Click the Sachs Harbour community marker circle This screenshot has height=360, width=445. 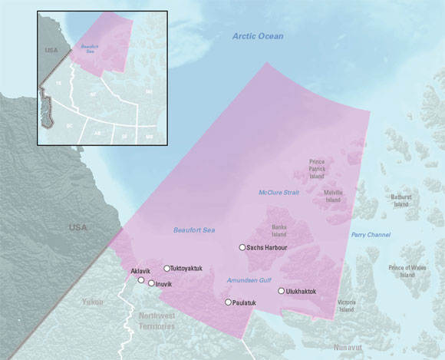(x=242, y=247)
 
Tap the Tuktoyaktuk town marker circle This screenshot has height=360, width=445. (x=166, y=268)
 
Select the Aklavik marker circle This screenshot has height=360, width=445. (x=140, y=280)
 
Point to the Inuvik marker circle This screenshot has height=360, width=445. (x=151, y=284)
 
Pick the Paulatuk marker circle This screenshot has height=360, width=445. (x=228, y=302)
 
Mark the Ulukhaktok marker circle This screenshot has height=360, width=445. (x=281, y=291)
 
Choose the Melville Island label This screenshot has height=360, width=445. (x=332, y=196)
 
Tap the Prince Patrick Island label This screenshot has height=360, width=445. (x=318, y=168)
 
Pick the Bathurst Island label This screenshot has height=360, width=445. (x=401, y=200)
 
